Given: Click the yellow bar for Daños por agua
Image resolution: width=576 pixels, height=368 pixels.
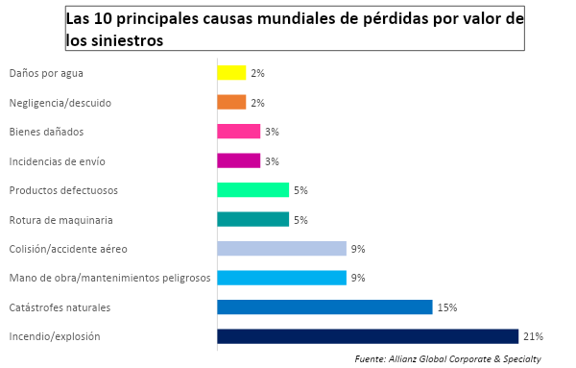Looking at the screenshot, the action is tap(231, 73).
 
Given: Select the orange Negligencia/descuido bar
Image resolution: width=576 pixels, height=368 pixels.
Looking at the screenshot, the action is tap(231, 102).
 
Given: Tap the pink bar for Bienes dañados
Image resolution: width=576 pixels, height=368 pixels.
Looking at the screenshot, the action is tap(239, 132).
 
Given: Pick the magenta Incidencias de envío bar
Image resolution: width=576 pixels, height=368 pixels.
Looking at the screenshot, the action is tap(239, 160).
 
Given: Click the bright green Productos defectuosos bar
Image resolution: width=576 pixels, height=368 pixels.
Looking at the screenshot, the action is tap(253, 190).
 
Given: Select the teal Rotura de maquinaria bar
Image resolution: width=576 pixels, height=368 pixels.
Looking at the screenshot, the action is tap(253, 219).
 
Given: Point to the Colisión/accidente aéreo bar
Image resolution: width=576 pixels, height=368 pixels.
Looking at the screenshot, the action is tap(281, 249).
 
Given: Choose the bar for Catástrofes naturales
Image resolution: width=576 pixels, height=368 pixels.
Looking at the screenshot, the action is tap(324, 307).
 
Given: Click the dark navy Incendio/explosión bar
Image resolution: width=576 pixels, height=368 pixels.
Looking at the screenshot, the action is tap(368, 336).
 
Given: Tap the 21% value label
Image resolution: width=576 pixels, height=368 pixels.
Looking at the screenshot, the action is tap(534, 336).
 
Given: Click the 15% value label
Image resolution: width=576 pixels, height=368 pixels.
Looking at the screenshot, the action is tap(447, 307).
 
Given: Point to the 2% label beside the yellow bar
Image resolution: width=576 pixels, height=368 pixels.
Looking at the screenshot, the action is tap(257, 73).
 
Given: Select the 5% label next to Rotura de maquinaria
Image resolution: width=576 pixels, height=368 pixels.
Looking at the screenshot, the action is tap(300, 220).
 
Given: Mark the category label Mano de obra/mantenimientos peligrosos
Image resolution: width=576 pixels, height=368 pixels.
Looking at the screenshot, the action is tap(109, 278).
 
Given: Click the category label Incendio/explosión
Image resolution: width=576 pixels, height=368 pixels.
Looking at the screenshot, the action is tap(55, 336).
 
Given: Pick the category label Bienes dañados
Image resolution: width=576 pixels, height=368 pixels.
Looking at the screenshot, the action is tap(46, 132).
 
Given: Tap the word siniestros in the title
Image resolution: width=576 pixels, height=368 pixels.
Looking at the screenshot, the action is tap(127, 40).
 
